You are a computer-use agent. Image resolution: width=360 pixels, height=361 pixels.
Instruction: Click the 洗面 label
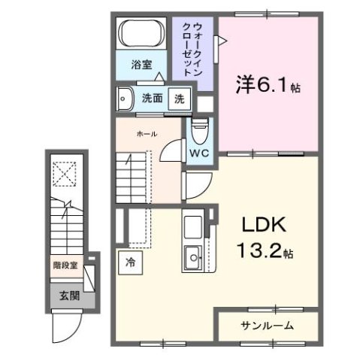pyautogui.click(x=153, y=98)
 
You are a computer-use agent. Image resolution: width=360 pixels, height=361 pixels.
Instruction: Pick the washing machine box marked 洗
pyautogui.click(x=179, y=99)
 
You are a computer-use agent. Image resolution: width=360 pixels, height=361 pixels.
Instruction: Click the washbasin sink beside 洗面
pyautogui.click(x=125, y=99)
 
